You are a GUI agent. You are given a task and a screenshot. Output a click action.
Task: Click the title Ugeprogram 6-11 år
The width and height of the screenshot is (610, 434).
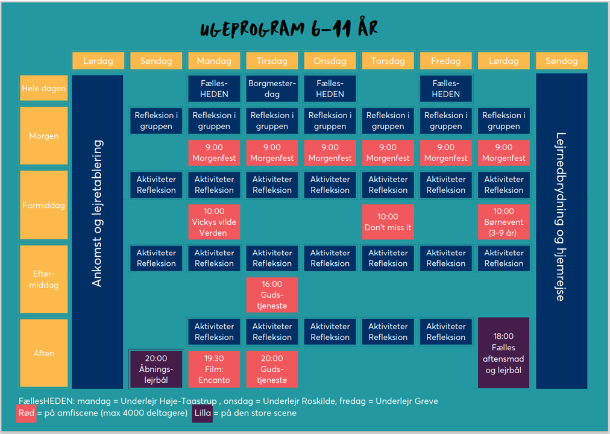click(289, 28)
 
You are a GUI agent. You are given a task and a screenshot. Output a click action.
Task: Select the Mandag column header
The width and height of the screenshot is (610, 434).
click(214, 61)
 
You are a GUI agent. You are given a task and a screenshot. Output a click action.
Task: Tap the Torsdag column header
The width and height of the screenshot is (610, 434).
click(388, 61)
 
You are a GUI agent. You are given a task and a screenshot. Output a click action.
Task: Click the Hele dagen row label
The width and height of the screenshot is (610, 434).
click(43, 88)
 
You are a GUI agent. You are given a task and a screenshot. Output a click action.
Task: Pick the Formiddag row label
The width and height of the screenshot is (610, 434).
click(43, 205)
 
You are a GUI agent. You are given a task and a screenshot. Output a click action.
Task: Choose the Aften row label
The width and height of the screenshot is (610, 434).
click(43, 353)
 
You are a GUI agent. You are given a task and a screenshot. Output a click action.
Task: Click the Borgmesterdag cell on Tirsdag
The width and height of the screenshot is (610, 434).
click(272, 89)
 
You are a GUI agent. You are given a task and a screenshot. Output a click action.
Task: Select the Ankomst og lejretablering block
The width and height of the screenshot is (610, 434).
click(98, 232)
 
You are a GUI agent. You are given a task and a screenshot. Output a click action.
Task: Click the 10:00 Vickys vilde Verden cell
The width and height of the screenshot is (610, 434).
click(214, 222)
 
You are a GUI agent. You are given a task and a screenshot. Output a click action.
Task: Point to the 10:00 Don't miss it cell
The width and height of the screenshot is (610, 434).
click(388, 222)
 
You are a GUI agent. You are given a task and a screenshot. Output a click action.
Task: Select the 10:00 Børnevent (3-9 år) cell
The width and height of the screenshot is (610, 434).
click(504, 222)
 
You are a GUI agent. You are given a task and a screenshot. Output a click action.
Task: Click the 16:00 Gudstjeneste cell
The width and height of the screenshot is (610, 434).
click(272, 295)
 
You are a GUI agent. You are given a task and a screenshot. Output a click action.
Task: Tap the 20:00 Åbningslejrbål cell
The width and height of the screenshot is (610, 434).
click(156, 369)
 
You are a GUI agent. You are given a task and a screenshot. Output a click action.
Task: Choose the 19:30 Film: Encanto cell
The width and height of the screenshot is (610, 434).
click(214, 369)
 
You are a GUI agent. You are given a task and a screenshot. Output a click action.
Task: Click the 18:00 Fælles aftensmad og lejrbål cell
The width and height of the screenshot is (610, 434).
click(503, 353)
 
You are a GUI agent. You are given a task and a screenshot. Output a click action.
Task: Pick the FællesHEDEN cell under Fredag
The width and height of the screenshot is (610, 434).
click(446, 89)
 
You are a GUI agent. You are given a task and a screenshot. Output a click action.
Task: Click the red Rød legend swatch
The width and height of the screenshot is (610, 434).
click(27, 414)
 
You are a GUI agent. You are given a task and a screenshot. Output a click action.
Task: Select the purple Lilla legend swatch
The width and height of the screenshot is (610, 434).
click(203, 414)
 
